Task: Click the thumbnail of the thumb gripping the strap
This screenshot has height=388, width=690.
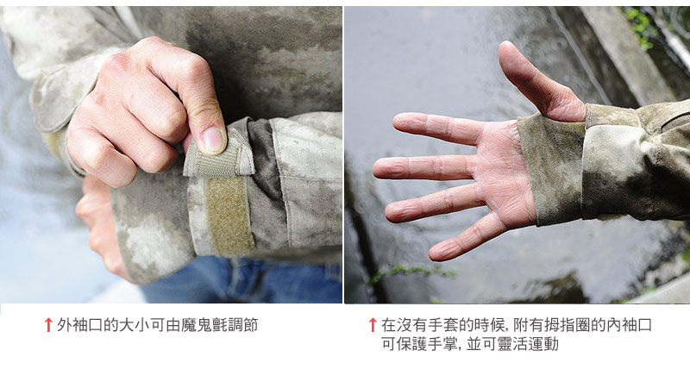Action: click(x=213, y=140)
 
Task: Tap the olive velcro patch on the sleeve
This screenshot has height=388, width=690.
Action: click(x=229, y=216)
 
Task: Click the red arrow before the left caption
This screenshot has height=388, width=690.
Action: click(x=48, y=325)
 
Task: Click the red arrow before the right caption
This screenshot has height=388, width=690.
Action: click(x=373, y=325)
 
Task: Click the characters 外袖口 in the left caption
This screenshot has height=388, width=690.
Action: click(x=80, y=325)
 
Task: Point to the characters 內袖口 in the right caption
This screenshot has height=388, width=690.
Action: click(x=630, y=325)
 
